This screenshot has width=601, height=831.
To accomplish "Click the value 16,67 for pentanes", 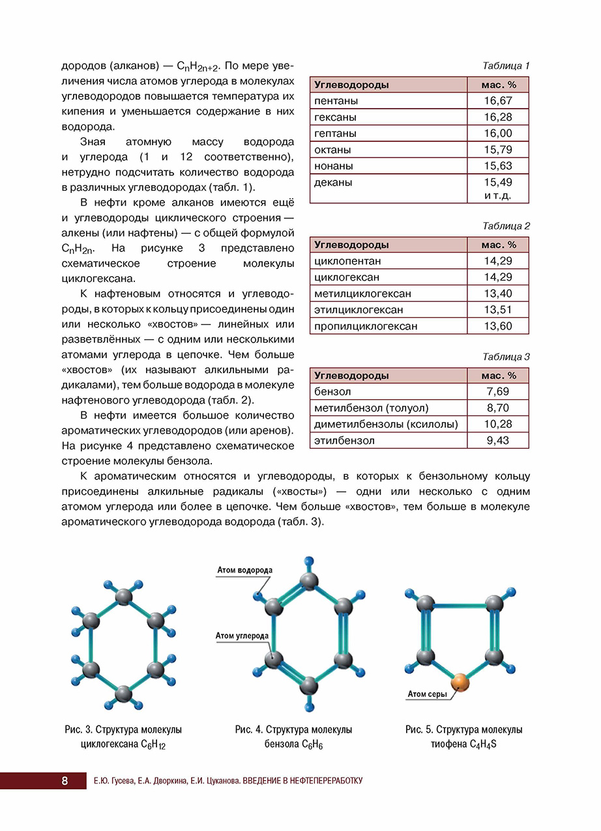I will (498, 101).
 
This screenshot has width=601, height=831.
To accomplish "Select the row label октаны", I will (332, 150).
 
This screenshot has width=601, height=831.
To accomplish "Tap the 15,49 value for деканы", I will (498, 182).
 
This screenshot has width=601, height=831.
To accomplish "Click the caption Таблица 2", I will (506, 226).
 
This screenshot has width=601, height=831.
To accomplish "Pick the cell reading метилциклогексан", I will (362, 294).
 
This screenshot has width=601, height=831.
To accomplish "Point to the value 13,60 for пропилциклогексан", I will (498, 326).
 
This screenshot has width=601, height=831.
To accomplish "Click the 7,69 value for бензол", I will (498, 392).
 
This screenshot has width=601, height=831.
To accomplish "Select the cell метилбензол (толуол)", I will (371, 408).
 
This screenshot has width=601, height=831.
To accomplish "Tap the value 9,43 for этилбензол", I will (498, 441).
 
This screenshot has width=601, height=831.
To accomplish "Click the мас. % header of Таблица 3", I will (498, 376).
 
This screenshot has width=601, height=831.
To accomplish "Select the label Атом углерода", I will (242, 636).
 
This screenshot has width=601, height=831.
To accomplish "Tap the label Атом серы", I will (427, 694).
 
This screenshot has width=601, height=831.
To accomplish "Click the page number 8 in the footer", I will (65, 781).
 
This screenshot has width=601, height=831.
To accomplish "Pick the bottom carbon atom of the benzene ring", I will (309, 685).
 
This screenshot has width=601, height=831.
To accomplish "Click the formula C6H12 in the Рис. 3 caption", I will (153, 744).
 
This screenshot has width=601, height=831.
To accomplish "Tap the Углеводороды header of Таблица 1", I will (351, 85).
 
